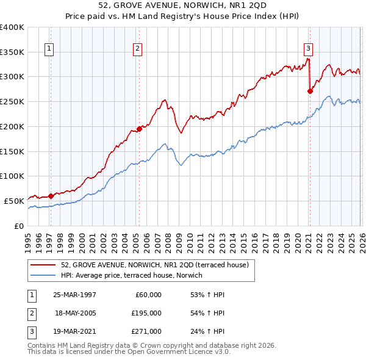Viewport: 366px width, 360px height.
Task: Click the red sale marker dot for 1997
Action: pos(51,196)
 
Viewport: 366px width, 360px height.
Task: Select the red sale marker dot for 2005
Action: pos(139,128)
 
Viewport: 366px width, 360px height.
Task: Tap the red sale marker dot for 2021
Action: pos(310,91)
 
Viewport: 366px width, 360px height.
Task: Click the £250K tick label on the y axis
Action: pos(12,101)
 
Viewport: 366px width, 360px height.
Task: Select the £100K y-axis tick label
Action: pos(12,176)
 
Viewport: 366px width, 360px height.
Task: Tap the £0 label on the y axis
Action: pos(18,226)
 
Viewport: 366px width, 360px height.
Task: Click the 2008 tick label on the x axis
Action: pos(168,238)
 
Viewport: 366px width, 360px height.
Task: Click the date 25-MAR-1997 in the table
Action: pos(74,295)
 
